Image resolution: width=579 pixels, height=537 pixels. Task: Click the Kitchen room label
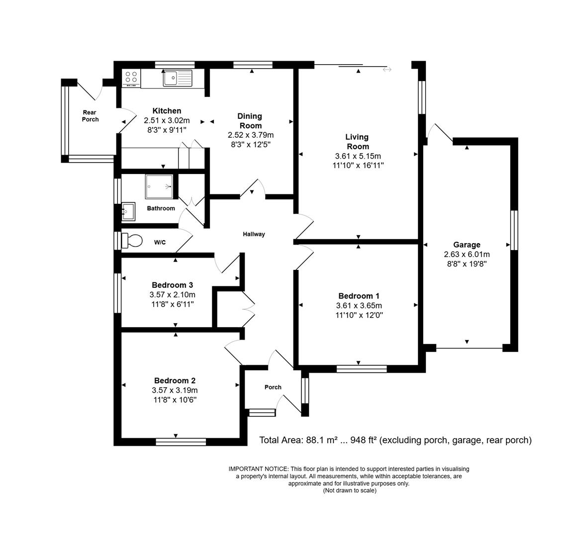(167, 111)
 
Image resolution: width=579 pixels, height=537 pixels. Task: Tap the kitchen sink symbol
(177, 78)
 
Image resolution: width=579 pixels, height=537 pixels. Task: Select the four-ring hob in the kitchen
(131, 77)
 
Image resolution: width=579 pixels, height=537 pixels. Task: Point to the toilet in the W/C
(132, 241)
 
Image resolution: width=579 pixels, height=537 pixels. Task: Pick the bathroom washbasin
(128, 211)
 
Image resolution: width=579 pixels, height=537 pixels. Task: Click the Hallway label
(254, 234)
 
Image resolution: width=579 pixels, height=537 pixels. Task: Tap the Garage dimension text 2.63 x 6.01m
(467, 254)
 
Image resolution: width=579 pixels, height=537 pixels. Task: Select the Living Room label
(358, 142)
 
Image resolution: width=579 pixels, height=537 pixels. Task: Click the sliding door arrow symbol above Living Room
(387, 70)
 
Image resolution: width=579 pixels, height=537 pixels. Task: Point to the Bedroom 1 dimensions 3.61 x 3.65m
(359, 306)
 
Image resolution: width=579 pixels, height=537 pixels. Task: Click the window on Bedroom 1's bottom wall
(362, 369)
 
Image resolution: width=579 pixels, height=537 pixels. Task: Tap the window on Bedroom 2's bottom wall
(181, 442)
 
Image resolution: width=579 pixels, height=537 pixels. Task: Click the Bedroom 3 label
(172, 285)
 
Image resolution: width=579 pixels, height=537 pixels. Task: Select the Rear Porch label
(90, 116)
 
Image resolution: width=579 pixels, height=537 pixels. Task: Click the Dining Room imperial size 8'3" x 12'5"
(251, 144)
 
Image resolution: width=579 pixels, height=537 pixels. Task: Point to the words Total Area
(280, 440)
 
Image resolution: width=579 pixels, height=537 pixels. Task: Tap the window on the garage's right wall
(514, 230)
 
